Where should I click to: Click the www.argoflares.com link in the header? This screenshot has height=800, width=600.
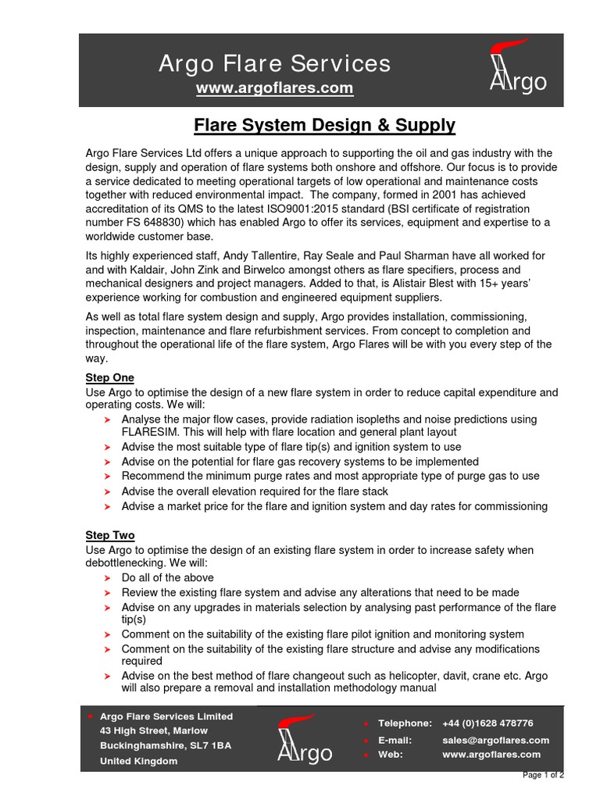pyautogui.click(x=274, y=88)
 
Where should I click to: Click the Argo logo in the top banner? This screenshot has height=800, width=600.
pyautogui.click(x=516, y=70)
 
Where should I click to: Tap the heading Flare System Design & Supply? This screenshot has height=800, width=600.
pyautogui.click(x=324, y=125)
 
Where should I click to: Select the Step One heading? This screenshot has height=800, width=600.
pyautogui.click(x=109, y=378)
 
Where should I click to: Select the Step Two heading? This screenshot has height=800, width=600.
pyautogui.click(x=110, y=535)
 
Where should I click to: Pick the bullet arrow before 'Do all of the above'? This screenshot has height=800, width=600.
pyautogui.click(x=108, y=578)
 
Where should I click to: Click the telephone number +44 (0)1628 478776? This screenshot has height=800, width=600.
pyautogui.click(x=487, y=723)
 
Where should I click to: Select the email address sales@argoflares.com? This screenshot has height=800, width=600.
pyautogui.click(x=495, y=740)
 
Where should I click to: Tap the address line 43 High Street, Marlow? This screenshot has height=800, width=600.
pyautogui.click(x=154, y=730)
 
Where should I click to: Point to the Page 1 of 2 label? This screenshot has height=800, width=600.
pyautogui.click(x=544, y=775)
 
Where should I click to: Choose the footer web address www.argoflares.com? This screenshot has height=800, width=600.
pyautogui.click(x=491, y=755)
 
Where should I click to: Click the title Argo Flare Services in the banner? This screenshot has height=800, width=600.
pyautogui.click(x=274, y=63)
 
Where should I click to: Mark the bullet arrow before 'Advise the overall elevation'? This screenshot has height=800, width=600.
pyautogui.click(x=108, y=492)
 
